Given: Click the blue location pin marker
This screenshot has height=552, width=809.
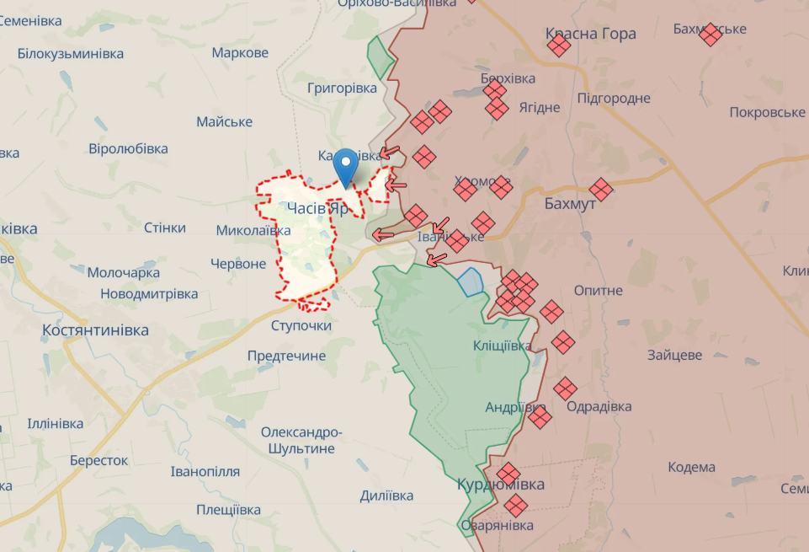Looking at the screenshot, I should (x=345, y=165).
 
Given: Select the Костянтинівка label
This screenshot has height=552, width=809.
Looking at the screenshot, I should (x=95, y=330).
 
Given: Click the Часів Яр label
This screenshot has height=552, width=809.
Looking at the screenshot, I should (x=317, y=208).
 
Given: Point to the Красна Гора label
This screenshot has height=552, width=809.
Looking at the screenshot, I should (x=590, y=34).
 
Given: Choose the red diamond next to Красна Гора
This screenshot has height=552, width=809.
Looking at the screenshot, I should (x=558, y=46).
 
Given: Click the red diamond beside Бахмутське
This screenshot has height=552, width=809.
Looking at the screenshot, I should (x=711, y=35).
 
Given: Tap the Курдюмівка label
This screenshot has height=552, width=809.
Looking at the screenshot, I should (x=500, y=485).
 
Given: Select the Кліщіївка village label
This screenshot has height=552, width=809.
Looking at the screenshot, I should (x=502, y=346).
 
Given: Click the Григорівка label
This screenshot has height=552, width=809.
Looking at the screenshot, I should (x=342, y=88).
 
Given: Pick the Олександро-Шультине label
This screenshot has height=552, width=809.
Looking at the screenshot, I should (x=301, y=440).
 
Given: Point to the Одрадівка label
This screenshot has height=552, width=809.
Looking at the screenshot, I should (x=599, y=406).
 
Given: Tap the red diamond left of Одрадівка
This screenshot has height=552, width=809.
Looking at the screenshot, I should (x=566, y=388).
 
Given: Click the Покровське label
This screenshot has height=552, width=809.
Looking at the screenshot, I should (x=767, y=112).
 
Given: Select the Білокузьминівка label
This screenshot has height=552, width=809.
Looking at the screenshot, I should (x=70, y=53).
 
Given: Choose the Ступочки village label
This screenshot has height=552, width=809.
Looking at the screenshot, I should (x=301, y=325).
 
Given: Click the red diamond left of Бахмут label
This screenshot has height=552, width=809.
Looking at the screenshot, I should (x=600, y=190).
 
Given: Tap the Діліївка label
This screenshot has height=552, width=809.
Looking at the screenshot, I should (x=386, y=496).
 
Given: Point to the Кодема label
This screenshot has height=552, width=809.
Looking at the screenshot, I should (x=691, y=467).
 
